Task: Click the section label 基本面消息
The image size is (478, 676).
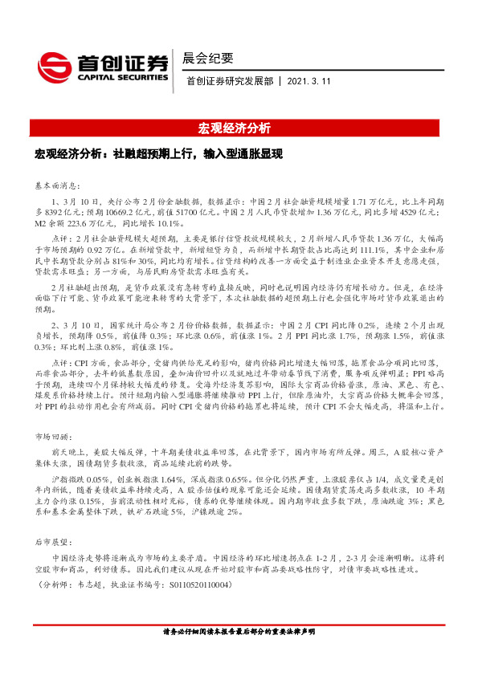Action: pos(55,182)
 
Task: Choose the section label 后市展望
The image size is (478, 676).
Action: pos(51,543)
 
